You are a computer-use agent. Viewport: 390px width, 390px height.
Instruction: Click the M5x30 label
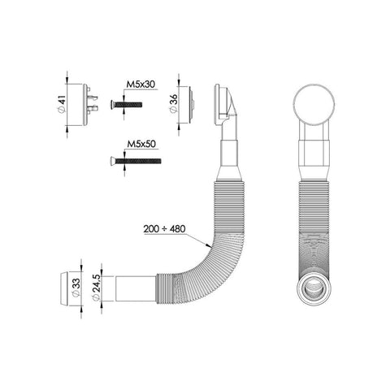click(x=141, y=84)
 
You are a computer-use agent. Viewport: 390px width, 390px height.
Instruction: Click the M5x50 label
click(x=141, y=144)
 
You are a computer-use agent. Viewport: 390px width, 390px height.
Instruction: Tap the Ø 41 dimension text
click(x=62, y=105)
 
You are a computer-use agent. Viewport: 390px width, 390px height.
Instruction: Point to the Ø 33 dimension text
click(x=76, y=288)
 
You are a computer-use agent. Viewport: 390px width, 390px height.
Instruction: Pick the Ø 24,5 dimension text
click(x=97, y=288)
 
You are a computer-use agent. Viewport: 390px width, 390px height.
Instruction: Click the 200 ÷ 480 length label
click(x=164, y=229)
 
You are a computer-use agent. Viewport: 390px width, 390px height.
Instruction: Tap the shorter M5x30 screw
click(x=126, y=104)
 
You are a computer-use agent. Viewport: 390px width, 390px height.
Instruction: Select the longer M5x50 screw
click(x=136, y=161)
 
